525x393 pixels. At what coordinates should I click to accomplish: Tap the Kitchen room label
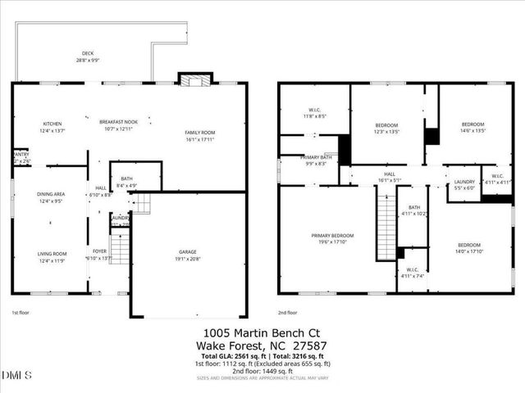point(52,125)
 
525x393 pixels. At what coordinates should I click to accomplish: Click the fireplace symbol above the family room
point(195,80)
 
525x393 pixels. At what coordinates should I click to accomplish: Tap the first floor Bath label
point(126,182)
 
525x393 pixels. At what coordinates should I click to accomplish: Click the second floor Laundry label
point(464,184)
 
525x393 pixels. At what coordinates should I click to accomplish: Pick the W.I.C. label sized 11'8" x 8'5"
point(315,112)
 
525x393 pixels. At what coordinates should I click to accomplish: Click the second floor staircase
point(385,221)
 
